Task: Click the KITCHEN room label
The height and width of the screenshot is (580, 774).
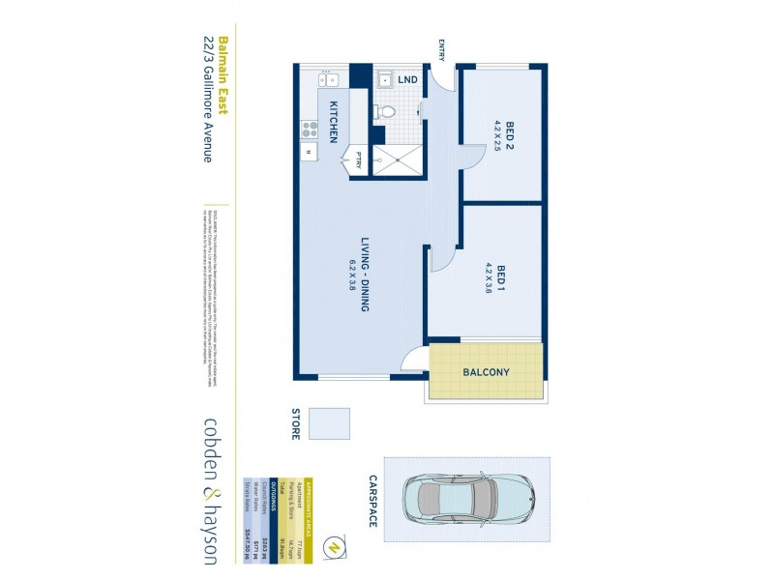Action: tap(333, 122)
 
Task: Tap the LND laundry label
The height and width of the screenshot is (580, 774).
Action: tap(407, 78)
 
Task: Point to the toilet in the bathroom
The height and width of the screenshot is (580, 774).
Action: tap(386, 111)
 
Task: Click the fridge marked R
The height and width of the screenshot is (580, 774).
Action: tap(310, 152)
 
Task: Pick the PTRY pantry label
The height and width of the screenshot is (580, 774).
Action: tap(358, 160)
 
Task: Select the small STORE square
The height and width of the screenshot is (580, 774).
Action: tap(336, 423)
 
